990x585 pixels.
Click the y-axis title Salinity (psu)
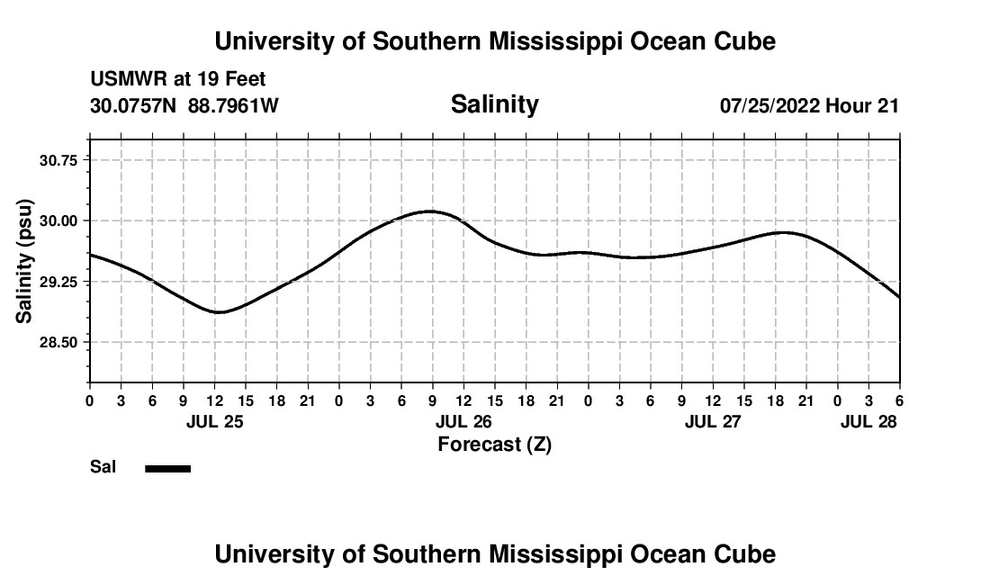coord(24,261)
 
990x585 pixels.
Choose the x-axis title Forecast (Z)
coord(494,445)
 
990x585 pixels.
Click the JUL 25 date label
coord(215,421)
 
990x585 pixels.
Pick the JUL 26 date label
coord(463,421)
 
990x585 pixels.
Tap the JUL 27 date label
coord(713,421)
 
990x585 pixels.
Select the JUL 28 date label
coord(869,421)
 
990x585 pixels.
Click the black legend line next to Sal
coord(168,468)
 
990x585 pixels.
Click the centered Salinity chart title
coord(494,104)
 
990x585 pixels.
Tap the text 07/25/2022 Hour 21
coord(809,106)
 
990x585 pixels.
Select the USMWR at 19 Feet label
coord(178,80)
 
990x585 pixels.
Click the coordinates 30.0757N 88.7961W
coord(184,106)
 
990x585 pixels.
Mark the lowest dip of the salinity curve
coord(219,312)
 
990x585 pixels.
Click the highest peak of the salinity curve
coord(431,211)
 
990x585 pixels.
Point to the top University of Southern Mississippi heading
coord(494,41)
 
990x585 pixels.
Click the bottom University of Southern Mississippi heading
coord(494,554)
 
